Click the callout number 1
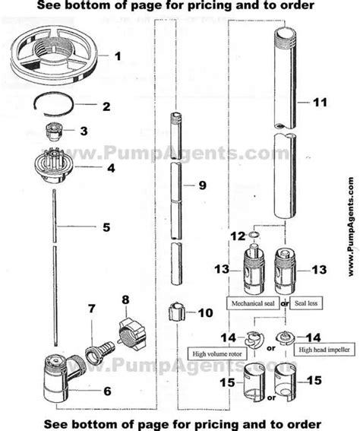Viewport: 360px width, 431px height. click(x=117, y=56)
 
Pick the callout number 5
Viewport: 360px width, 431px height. click(x=106, y=226)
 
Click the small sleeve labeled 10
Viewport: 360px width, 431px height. click(x=179, y=312)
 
